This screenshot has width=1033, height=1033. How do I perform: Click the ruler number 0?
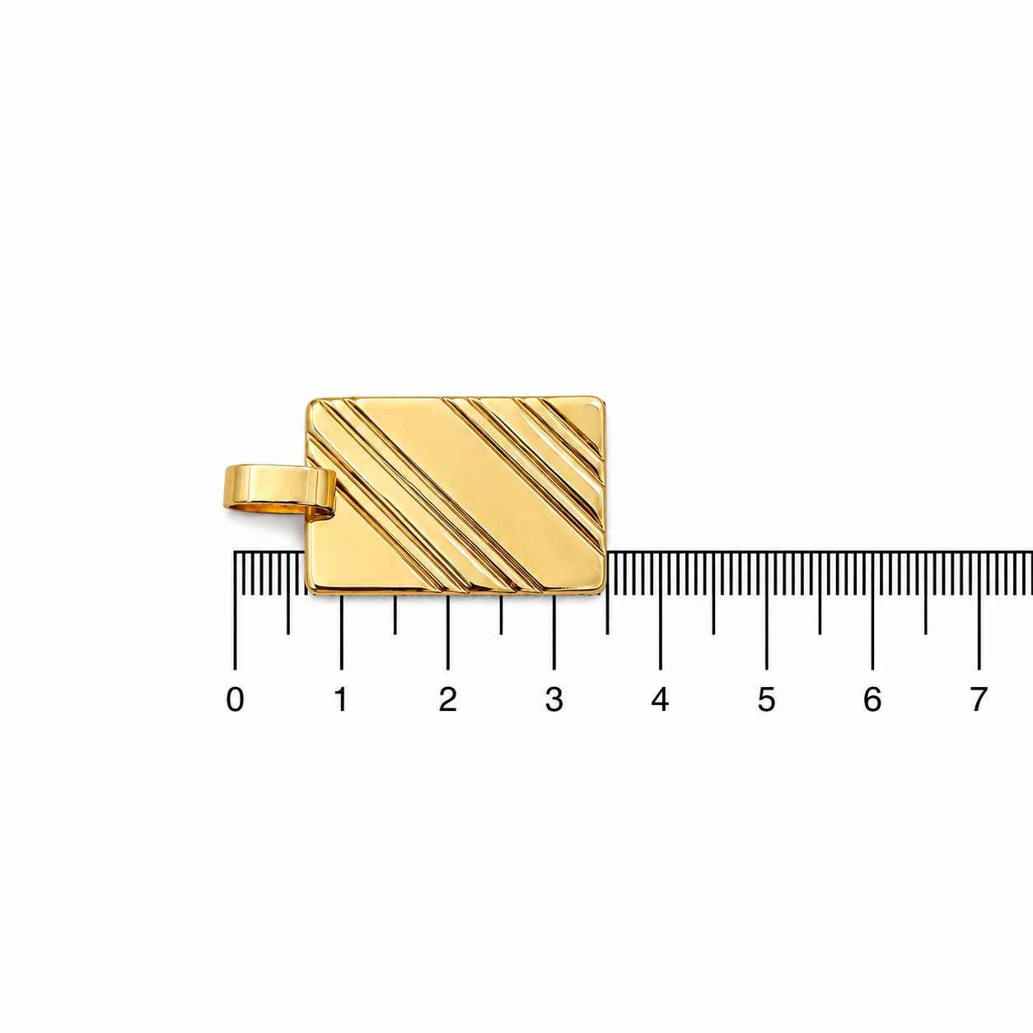pos(235,699)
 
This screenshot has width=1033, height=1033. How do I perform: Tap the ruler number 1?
pos(341,699)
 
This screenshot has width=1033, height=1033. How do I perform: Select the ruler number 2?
pos(447,699)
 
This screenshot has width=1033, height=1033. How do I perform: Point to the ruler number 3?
pos(554,699)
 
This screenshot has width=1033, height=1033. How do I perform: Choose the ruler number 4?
pos(660,699)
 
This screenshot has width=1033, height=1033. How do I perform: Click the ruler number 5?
pos(767,699)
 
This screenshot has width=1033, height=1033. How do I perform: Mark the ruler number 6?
pos(872,699)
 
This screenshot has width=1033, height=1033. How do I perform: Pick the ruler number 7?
pos(979,699)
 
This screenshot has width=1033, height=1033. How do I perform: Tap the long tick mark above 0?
pos(235,610)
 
